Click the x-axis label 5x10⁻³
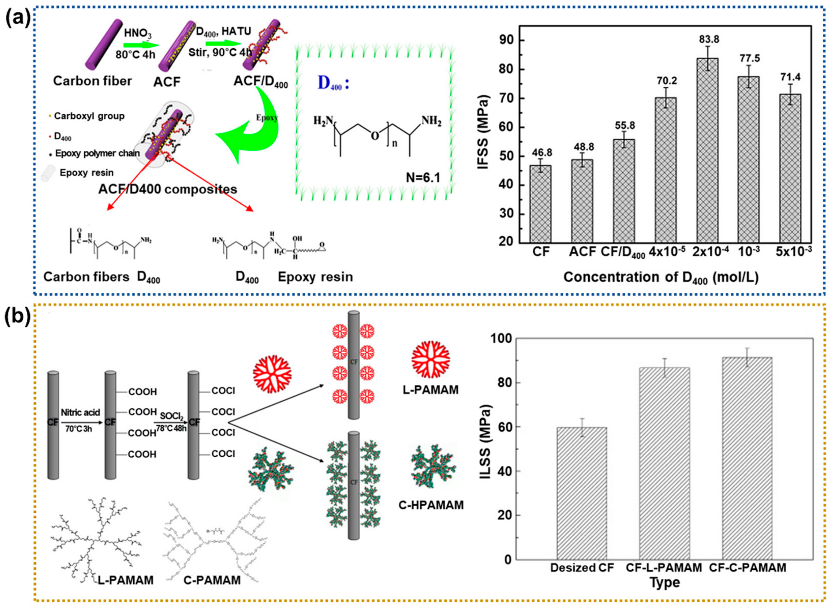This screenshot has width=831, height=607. (793, 251)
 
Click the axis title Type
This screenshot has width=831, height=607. (665, 583)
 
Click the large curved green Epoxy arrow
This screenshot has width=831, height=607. (253, 128)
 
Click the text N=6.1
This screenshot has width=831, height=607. (423, 177)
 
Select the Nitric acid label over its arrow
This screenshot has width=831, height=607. (80, 412)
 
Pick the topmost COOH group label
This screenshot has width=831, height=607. (143, 392)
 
